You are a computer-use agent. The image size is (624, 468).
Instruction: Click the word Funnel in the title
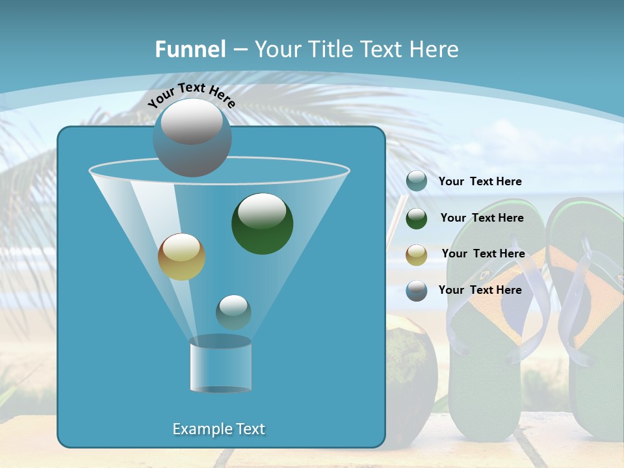pyautogui.click(x=190, y=49)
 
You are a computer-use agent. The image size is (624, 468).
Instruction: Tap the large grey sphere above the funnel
pyautogui.click(x=192, y=137)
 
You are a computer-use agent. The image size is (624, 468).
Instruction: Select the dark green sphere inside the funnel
pyautogui.click(x=262, y=223)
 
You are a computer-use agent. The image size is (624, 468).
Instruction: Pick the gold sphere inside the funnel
pyautogui.click(x=181, y=256)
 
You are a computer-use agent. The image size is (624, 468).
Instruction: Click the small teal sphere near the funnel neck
pyautogui.click(x=233, y=312)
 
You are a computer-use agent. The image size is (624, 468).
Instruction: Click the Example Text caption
pyautogui.click(x=218, y=429)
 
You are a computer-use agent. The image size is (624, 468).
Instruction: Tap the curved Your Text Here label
pyautogui.click(x=191, y=95)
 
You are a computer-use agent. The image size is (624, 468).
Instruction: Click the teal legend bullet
pyautogui.click(x=417, y=181)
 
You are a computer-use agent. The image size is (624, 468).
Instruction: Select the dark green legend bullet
pyautogui.click(x=417, y=218)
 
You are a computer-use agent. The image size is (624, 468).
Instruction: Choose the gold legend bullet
pyautogui.click(x=417, y=254)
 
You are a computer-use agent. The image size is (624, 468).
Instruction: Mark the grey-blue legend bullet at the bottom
pyautogui.click(x=417, y=291)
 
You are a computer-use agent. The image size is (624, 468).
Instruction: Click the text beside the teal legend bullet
pyautogui.click(x=480, y=181)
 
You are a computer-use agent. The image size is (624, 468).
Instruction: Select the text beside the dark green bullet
pyautogui.click(x=482, y=218)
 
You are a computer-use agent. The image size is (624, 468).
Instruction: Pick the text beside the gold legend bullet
pyautogui.click(x=483, y=253)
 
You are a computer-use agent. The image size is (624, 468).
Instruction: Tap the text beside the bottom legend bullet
pyautogui.click(x=480, y=290)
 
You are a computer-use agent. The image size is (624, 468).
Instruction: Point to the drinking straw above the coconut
pyautogui.click(x=393, y=224)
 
